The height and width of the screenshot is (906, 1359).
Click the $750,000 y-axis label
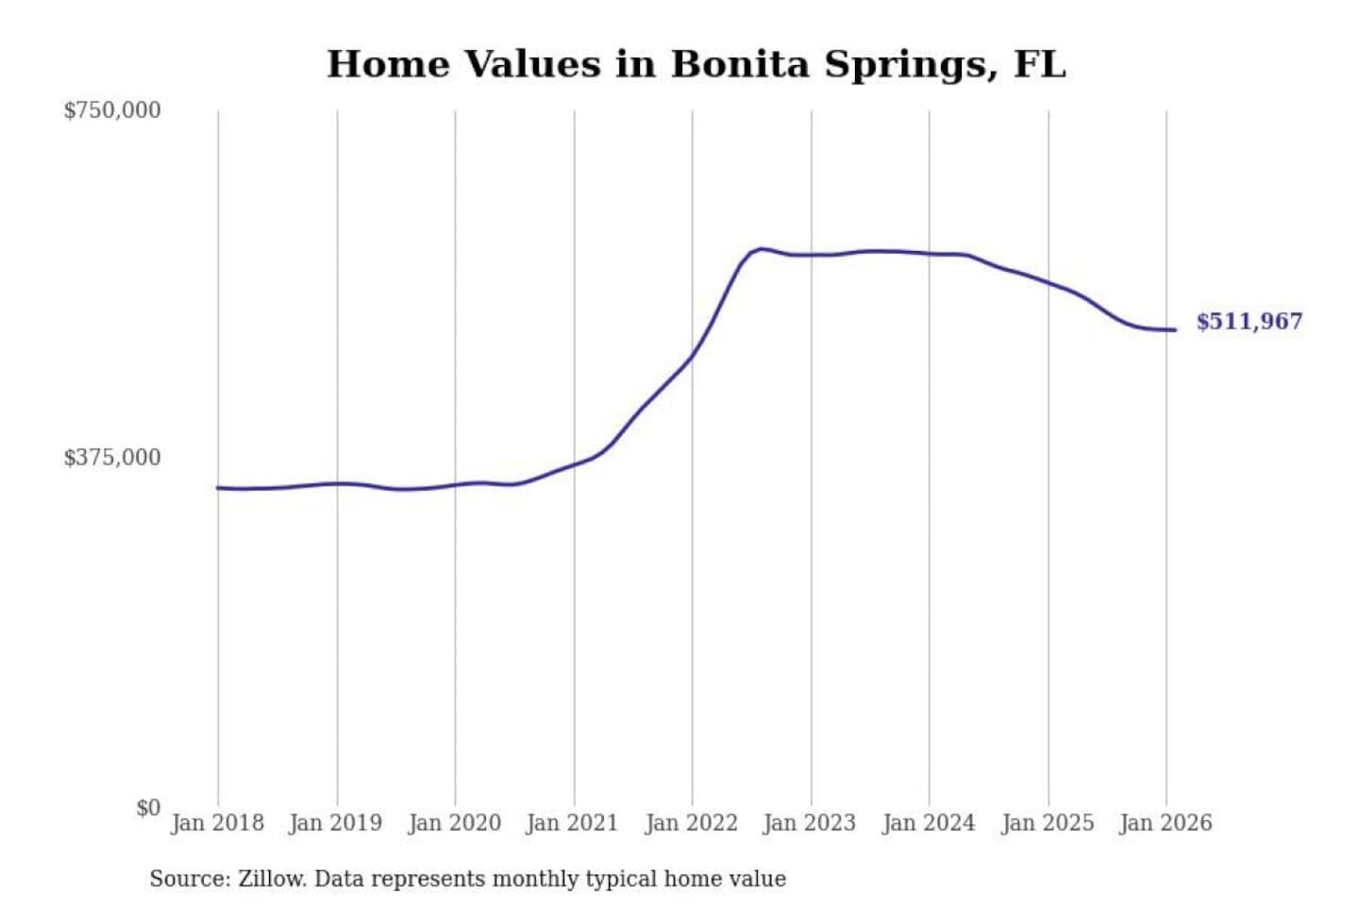(x=112, y=110)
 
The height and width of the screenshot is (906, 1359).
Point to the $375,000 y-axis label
(x=112, y=458)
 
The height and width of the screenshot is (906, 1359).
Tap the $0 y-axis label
(x=148, y=808)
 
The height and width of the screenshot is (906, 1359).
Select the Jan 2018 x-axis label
(x=217, y=823)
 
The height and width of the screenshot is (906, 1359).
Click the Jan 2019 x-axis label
(x=335, y=823)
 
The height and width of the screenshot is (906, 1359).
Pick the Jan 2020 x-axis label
(x=454, y=823)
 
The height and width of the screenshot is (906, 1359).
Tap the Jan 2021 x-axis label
(x=572, y=823)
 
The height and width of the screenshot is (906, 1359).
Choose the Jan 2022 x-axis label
(x=691, y=823)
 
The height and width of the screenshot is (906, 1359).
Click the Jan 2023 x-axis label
(x=809, y=823)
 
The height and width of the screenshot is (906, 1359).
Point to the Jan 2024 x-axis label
(x=928, y=823)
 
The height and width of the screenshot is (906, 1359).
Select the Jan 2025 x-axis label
(x=1047, y=823)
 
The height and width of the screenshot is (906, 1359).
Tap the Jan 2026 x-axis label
(x=1166, y=823)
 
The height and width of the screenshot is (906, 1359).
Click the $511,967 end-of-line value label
(x=1249, y=322)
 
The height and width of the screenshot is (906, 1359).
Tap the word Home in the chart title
(x=388, y=64)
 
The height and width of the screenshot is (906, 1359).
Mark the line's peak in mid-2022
(x=762, y=249)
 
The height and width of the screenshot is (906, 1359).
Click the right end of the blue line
(x=1174, y=329)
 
